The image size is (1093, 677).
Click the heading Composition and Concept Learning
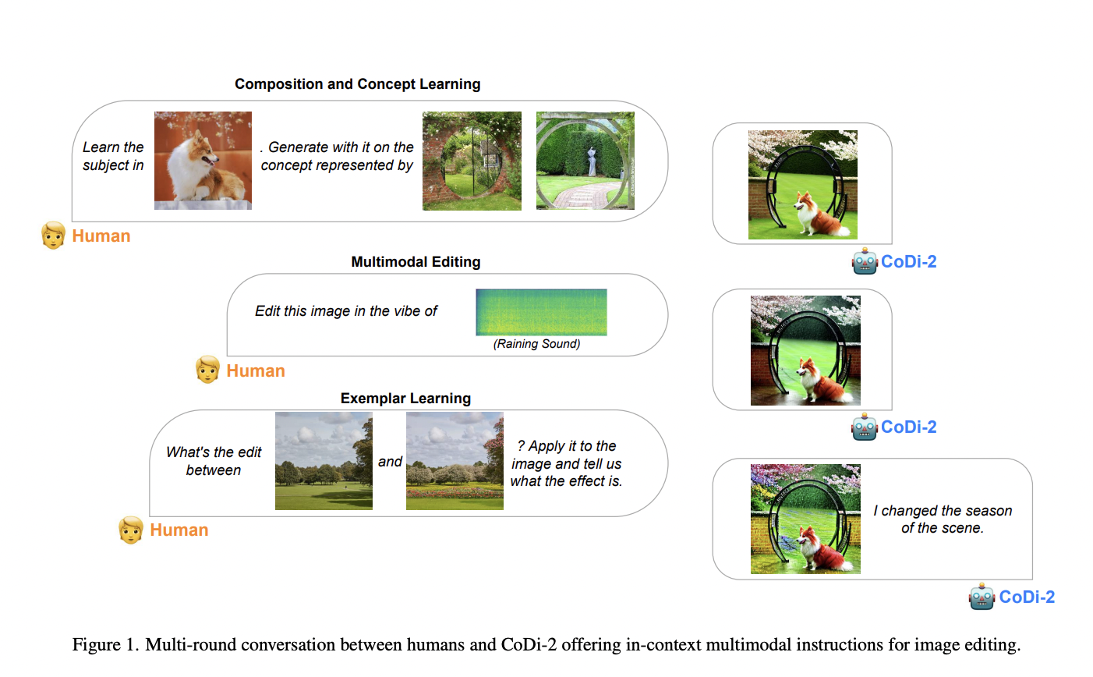358,84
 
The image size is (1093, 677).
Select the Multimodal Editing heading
416,261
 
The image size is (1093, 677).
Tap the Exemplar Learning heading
405,399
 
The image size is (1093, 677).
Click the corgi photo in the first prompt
203,161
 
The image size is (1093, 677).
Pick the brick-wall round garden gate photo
472,161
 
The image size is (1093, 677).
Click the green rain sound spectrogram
541,313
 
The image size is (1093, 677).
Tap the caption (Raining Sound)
536,344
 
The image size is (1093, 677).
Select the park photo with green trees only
324,461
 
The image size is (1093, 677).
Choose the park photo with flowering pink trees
455,461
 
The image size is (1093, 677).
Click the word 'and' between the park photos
390,461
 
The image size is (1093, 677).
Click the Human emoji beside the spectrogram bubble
207,370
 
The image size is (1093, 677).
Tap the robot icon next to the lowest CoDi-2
982,597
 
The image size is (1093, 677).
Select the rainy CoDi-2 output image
805,350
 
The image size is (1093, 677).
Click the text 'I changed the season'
943,511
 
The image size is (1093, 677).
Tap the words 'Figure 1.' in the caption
105,644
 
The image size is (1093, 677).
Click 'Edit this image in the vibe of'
346,311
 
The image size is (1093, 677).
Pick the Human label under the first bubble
101,236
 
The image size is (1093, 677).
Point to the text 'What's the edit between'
214,461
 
